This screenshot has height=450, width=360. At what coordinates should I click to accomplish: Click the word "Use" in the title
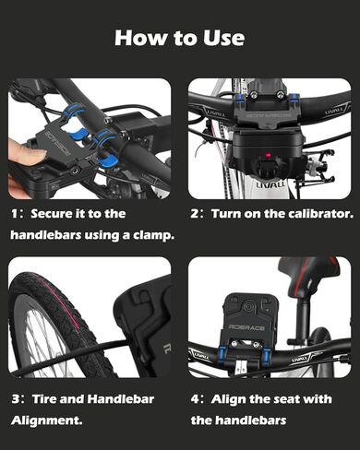(x=223, y=38)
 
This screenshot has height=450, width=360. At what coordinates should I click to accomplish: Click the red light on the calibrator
(x=268, y=155)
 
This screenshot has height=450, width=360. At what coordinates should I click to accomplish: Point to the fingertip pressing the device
(x=25, y=150)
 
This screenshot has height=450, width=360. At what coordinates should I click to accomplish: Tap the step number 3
(x=16, y=399)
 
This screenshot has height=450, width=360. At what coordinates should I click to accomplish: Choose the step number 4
(x=195, y=399)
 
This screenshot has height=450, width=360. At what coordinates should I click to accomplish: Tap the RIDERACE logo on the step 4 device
(x=246, y=328)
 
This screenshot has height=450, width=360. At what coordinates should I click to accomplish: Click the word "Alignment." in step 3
(x=47, y=420)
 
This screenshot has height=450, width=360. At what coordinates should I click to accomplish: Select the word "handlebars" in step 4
(x=251, y=420)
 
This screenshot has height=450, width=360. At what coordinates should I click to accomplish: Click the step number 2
(x=195, y=214)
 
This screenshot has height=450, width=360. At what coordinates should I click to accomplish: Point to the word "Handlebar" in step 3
(x=121, y=399)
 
